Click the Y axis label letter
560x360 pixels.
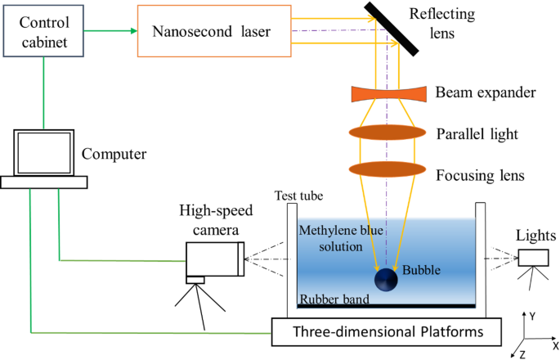(531, 314)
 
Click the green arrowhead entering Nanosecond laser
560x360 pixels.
(131, 33)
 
